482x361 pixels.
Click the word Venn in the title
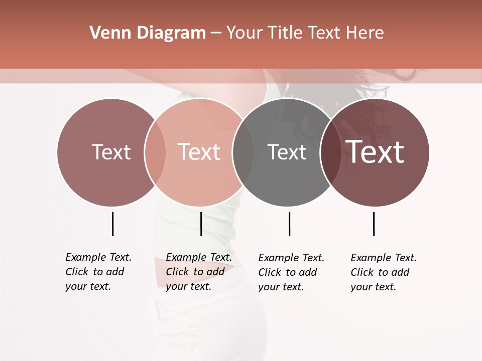106,33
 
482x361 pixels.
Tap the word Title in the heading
286,33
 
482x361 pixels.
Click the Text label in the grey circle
287,152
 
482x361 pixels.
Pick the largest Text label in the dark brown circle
375,152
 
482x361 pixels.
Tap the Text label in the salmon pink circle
199,152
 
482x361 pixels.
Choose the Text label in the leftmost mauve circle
111,152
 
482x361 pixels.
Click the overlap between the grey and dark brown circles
330,152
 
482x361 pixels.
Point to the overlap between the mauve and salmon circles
155,152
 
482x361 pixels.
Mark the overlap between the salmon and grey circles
243,152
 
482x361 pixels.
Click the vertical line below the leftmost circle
112,224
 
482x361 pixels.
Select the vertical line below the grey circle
289,224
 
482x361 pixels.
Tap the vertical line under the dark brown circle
374,224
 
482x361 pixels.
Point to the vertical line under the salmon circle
201,224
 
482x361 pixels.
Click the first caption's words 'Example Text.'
98,257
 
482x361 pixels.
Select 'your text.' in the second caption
188,286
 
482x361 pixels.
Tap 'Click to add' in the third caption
288,272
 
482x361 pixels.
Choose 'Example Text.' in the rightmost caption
384,258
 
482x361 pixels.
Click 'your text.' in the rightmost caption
373,287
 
